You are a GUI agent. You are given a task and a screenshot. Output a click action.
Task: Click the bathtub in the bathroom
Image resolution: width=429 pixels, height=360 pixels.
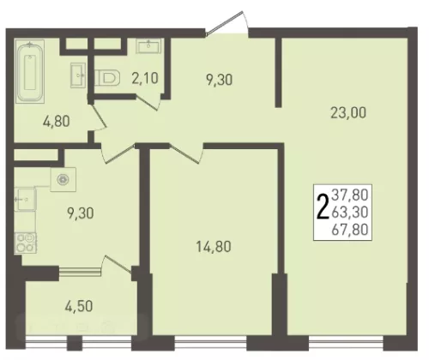point(30,71)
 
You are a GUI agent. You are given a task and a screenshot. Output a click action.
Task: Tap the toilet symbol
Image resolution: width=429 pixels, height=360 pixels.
point(107,78)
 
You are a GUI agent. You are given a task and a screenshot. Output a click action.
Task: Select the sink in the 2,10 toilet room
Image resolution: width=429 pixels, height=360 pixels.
point(148,45)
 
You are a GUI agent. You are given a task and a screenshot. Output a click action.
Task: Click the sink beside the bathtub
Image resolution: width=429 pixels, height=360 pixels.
point(78,75)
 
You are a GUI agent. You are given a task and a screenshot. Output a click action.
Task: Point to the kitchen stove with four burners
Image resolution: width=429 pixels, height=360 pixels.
point(26,243)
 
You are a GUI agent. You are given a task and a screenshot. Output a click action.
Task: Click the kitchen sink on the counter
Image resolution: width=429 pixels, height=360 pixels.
point(25,199)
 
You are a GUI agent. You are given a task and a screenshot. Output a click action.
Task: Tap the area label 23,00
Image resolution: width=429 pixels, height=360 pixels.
point(348,112)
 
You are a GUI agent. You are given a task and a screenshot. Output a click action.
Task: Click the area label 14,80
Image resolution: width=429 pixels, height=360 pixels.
point(214,247)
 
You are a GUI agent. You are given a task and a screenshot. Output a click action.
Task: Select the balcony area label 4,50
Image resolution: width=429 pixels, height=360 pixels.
point(79,307)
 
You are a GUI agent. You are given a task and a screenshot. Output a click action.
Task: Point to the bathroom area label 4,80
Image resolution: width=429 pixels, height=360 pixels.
point(57,122)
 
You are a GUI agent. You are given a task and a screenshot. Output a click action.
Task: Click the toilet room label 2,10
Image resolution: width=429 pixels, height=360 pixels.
point(145,78)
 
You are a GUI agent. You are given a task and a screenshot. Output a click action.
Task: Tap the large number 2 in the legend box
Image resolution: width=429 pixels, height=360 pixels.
point(323,207)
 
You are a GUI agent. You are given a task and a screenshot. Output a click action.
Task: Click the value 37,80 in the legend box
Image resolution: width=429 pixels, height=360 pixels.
point(349,195)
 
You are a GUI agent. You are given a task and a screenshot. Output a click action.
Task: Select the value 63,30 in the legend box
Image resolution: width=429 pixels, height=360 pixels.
point(349,213)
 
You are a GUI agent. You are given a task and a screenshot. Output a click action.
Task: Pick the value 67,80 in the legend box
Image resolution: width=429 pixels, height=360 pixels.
point(349,230)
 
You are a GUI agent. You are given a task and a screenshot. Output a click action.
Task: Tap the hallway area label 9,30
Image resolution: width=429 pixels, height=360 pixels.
point(219,80)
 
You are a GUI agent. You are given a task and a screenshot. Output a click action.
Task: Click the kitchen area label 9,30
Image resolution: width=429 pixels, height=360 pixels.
point(81,213)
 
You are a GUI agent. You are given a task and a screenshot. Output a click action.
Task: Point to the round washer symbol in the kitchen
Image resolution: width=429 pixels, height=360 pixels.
point(63,180)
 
